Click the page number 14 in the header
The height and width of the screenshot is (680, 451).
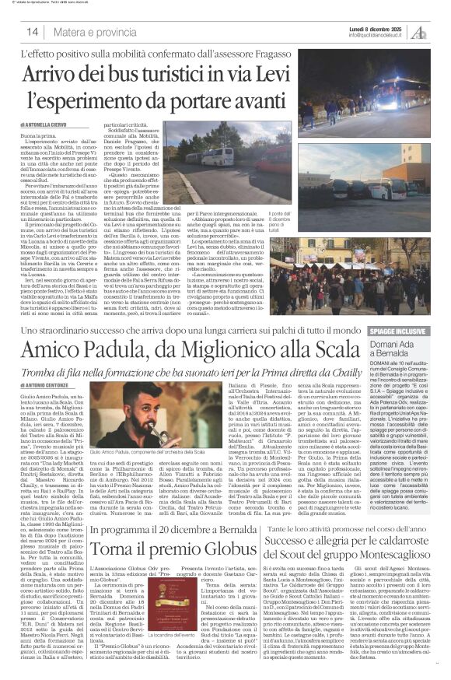(33, 32)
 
